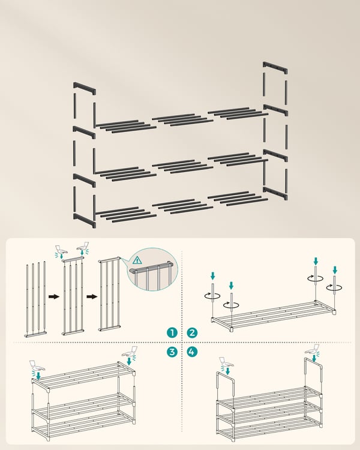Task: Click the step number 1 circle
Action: click(172, 332)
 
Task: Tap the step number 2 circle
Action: click(192, 332)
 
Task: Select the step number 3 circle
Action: click(172, 352)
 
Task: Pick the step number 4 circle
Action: click(192, 352)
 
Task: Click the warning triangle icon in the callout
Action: click(137, 260)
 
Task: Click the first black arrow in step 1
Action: click(53, 296)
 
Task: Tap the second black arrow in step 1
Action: click(92, 296)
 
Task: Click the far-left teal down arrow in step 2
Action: click(212, 276)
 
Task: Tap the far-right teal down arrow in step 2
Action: click(335, 270)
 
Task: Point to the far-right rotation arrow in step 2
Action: click(334, 287)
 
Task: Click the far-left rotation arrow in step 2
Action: click(212, 295)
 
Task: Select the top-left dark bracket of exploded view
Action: click(85, 88)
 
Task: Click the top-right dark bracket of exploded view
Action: click(275, 68)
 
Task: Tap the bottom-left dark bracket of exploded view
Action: click(85, 220)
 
